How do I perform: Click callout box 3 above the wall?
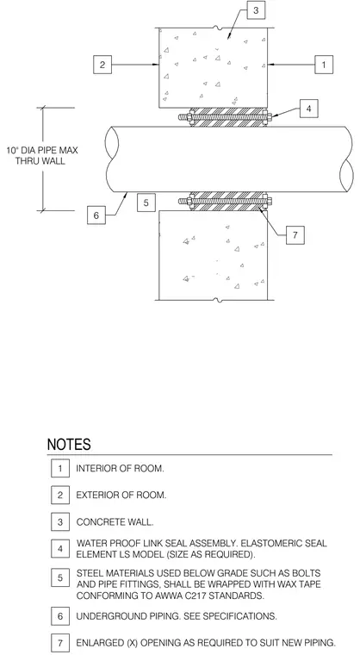click(x=256, y=10)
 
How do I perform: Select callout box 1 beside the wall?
click(x=324, y=65)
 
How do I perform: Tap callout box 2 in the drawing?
click(x=102, y=65)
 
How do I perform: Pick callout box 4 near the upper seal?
click(x=308, y=109)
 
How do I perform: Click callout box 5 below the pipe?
click(x=146, y=203)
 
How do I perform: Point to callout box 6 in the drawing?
click(x=96, y=215)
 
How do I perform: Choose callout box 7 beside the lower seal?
click(x=295, y=234)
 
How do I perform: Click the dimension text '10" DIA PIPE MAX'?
click(x=41, y=150)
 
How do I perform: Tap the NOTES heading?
click(x=69, y=445)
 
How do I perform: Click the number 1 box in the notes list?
click(x=60, y=468)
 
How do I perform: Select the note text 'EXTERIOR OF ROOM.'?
click(x=121, y=495)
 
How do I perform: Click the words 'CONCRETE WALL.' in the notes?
click(x=115, y=522)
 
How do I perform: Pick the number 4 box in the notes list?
click(x=60, y=549)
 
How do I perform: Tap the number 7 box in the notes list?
click(x=60, y=642)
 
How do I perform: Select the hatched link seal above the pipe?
click(x=228, y=117)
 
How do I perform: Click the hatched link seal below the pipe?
click(x=228, y=202)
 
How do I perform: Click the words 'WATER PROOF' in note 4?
click(x=105, y=544)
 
